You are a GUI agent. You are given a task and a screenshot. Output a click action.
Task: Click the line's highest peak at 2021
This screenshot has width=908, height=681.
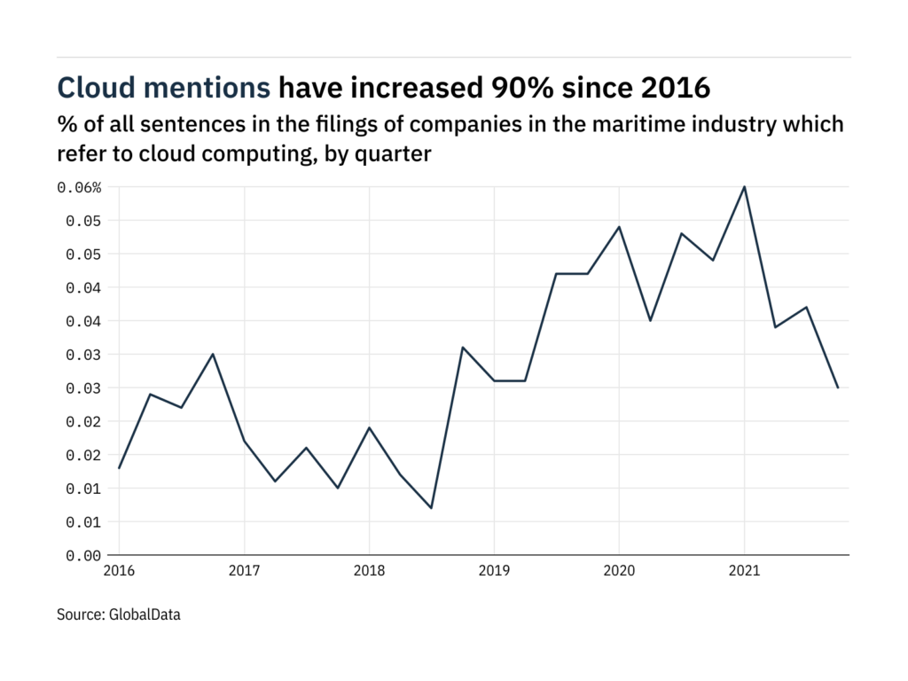click(x=744, y=187)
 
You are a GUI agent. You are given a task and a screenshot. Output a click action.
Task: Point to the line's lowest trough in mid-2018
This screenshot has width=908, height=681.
click(x=431, y=508)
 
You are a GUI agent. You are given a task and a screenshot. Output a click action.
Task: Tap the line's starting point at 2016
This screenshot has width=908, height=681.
click(x=119, y=468)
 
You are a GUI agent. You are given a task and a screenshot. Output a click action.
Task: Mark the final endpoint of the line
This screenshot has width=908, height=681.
click(x=838, y=387)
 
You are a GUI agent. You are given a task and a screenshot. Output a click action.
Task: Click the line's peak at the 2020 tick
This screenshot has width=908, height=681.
click(x=619, y=227)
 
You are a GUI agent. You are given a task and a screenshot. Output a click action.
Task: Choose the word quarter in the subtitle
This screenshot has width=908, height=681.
click(x=395, y=153)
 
